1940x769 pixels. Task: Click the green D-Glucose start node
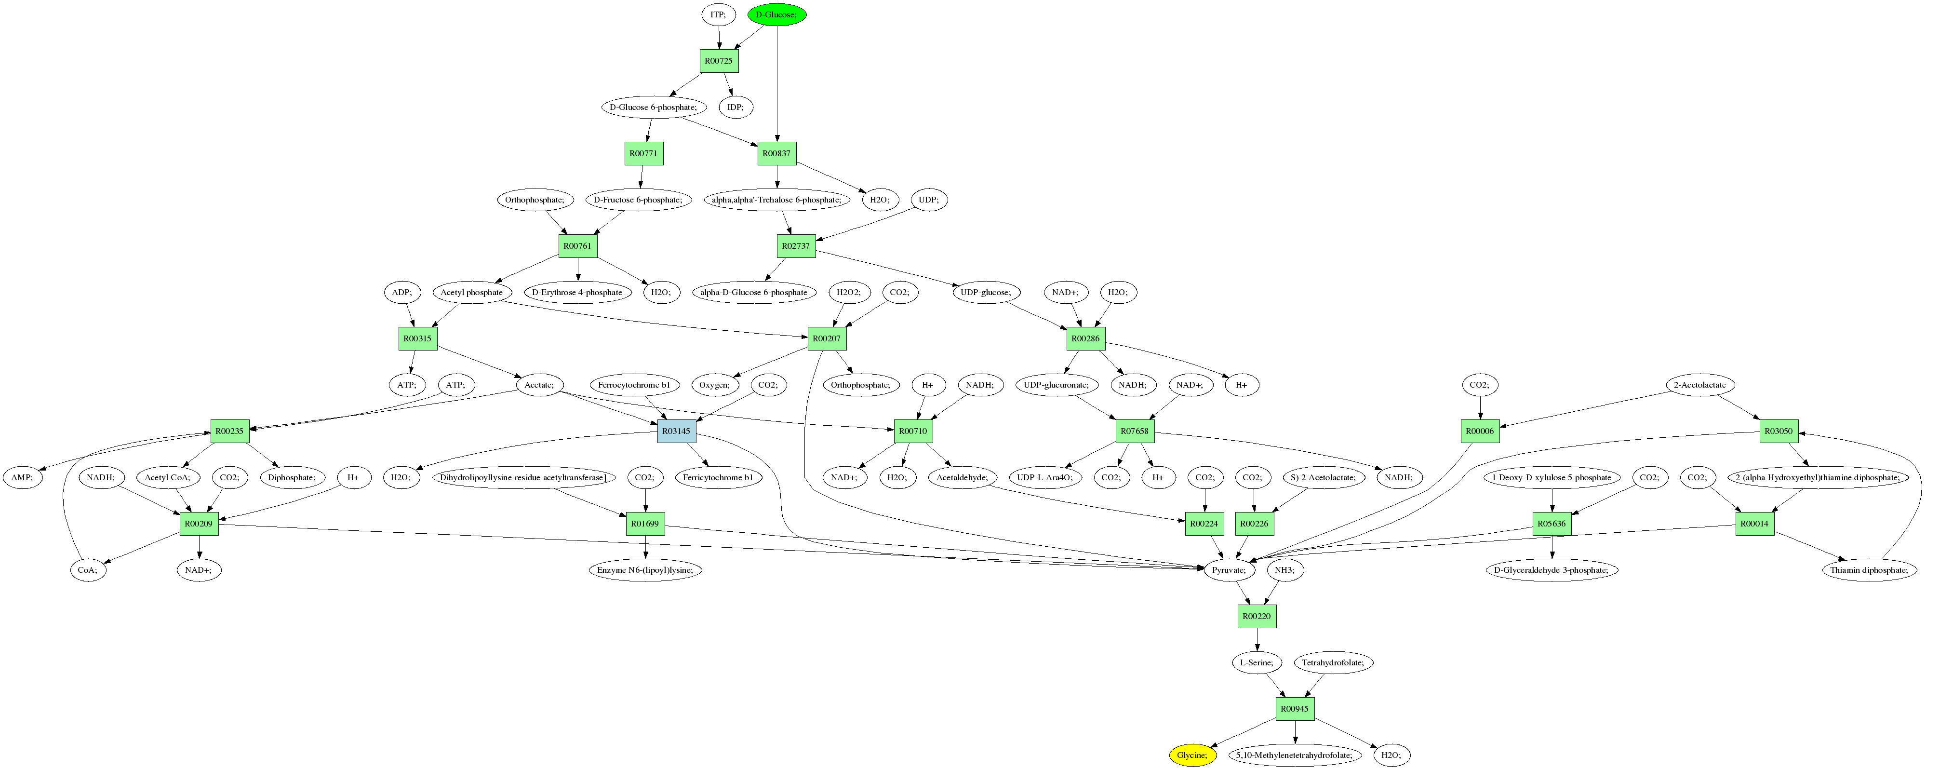coord(776,14)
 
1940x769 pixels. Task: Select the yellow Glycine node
coord(1192,755)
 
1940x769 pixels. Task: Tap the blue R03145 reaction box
coord(676,431)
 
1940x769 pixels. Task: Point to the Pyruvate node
coord(1229,570)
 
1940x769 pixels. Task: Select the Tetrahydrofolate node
coord(1333,663)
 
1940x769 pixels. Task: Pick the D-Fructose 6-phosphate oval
coord(638,200)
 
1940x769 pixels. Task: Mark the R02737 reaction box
coord(796,245)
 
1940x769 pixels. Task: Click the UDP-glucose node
coord(985,292)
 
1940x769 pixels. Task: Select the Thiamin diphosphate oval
coord(1869,570)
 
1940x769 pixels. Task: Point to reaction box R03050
coord(1779,431)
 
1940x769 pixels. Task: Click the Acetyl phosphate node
coord(471,292)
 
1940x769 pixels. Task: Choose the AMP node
coord(22,477)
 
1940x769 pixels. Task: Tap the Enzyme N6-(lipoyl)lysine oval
coord(645,570)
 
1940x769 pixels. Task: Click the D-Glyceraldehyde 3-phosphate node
coord(1552,570)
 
